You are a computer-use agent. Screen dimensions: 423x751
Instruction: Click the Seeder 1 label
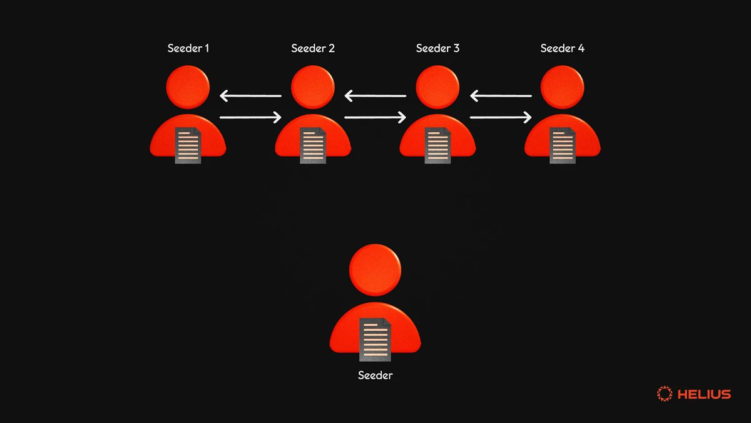tap(188, 48)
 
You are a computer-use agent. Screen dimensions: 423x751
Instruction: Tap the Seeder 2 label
tap(313, 48)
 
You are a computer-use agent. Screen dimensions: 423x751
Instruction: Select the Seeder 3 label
tap(437, 48)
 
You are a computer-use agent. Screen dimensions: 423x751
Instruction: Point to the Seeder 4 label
tap(562, 48)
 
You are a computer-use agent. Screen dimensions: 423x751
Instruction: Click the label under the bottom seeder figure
tap(375, 375)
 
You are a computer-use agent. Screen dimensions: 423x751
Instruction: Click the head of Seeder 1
tap(188, 87)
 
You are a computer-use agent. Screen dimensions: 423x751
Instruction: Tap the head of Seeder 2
tap(313, 87)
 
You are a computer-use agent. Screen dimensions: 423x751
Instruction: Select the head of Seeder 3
tap(437, 87)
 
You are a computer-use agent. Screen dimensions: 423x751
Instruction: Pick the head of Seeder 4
tap(563, 87)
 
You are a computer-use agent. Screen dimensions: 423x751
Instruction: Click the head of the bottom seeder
tap(375, 270)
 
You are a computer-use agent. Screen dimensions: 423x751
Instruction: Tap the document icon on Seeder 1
tap(188, 145)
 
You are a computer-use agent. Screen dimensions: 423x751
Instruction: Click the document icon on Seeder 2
tap(313, 145)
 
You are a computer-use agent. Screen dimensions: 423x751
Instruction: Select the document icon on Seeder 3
tap(437, 145)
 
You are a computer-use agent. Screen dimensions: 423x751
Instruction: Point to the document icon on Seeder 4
tap(563, 145)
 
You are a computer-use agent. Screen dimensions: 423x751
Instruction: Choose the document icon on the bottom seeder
tap(375, 339)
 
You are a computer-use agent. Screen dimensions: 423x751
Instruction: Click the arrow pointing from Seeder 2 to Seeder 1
tap(250, 97)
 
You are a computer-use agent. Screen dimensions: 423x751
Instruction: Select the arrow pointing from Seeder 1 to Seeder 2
tap(250, 117)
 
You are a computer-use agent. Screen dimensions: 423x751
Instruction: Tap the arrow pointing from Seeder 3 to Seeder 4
tap(501, 117)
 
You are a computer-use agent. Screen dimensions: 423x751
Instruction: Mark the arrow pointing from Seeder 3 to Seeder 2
tap(375, 97)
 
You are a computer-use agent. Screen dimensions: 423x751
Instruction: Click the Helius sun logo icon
tap(664, 394)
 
